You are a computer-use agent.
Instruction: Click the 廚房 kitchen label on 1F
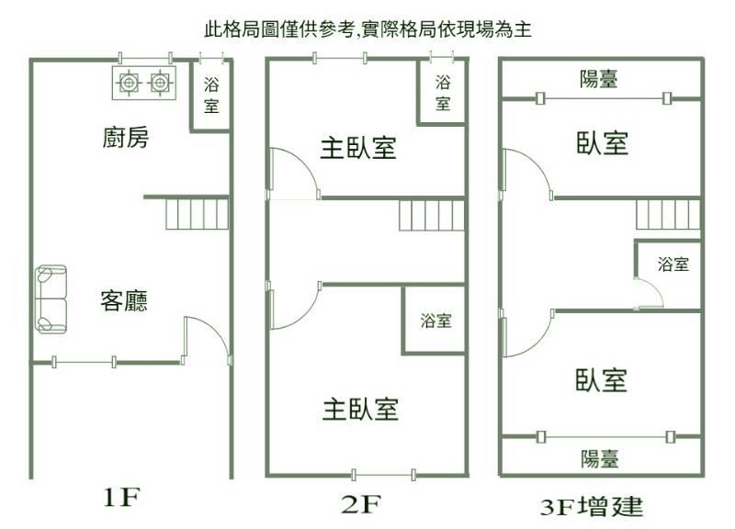point(124,139)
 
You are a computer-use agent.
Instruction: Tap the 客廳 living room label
point(124,300)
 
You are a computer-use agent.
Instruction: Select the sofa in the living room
point(51,299)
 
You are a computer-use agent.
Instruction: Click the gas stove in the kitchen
point(144,83)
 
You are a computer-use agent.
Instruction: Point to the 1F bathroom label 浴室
point(211,96)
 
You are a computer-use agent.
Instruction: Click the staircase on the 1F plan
point(197,215)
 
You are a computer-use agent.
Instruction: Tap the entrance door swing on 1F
point(205,340)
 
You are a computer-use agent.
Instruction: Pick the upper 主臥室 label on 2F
point(358,148)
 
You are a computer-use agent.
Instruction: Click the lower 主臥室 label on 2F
point(360,409)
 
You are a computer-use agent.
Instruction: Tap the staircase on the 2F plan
point(430,218)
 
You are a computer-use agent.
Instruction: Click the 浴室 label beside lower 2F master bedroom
point(435,321)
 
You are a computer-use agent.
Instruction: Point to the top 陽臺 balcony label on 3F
point(599,79)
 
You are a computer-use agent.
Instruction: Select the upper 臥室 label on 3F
point(603,143)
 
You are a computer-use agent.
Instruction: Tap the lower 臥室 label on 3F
point(602,379)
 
